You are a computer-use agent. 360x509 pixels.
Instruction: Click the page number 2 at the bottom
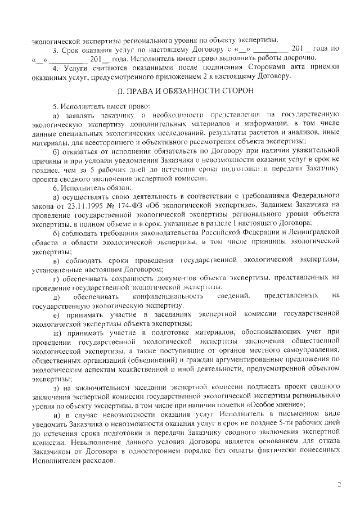click(x=339, y=483)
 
